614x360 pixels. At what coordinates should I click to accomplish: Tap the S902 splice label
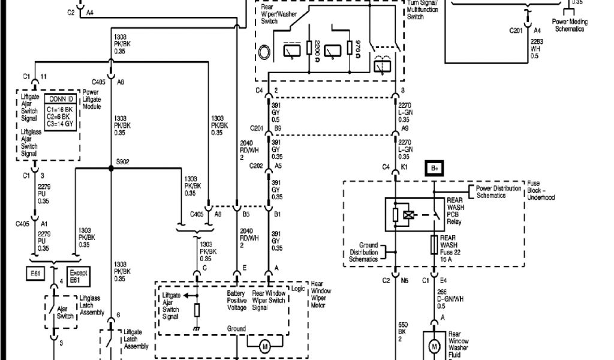coord(123,161)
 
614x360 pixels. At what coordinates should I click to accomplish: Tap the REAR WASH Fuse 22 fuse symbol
coord(433,244)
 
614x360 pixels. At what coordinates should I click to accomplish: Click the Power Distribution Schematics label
coord(499,192)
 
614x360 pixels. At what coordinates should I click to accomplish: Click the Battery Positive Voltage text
coord(237,301)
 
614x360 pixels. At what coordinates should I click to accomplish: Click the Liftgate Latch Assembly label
coord(136,339)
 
